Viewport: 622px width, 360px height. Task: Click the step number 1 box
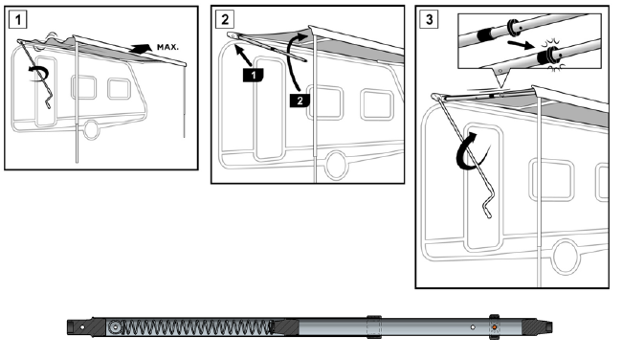click(x=17, y=19)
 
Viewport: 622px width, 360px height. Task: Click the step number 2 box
click(x=225, y=19)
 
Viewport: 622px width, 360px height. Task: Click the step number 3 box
click(x=430, y=19)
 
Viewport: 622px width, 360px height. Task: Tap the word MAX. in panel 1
click(x=167, y=47)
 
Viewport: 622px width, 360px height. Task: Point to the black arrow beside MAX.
click(x=141, y=49)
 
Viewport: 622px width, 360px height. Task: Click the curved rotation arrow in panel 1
click(x=39, y=74)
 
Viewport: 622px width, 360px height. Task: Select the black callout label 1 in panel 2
click(x=254, y=75)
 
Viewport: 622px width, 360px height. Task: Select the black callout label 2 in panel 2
click(x=300, y=101)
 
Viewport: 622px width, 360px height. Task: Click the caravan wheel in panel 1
click(x=91, y=129)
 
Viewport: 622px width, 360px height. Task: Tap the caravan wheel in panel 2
click(x=336, y=165)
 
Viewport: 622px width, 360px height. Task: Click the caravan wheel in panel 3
click(x=567, y=257)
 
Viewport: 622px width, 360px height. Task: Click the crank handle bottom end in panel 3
click(x=489, y=215)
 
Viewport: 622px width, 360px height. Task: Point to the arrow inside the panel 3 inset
click(x=521, y=44)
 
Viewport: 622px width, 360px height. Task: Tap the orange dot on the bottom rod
click(x=495, y=327)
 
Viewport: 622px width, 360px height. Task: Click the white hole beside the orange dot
click(x=473, y=327)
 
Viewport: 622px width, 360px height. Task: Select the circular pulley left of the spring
click(x=115, y=327)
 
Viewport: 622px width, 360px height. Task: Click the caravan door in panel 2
click(x=269, y=109)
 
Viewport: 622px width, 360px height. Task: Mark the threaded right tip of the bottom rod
click(x=550, y=327)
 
